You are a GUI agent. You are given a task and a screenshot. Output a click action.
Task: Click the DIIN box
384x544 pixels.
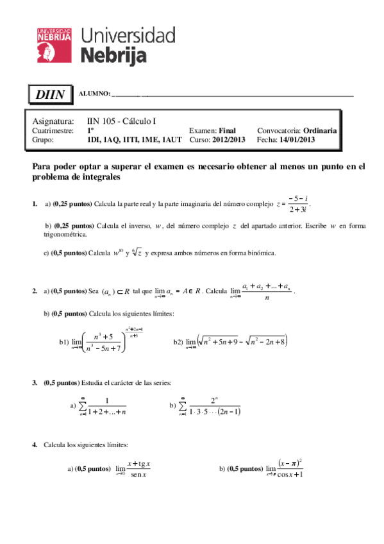(50, 95)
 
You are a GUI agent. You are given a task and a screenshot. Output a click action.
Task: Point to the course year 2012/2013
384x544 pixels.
(228, 139)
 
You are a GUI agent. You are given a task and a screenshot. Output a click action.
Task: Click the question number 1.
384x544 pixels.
(34, 204)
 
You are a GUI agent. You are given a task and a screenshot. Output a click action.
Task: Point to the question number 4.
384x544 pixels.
(34, 444)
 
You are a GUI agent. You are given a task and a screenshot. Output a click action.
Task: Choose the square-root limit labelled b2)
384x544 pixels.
(244, 342)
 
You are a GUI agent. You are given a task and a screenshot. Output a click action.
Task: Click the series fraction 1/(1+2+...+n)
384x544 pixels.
(107, 406)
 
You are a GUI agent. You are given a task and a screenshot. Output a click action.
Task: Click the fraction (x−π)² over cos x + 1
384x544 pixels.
(290, 469)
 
